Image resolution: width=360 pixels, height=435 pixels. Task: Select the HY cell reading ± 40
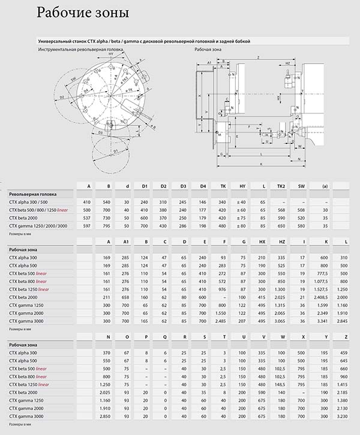(x=241, y=202)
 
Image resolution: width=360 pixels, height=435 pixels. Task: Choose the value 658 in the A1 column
(x=126, y=296)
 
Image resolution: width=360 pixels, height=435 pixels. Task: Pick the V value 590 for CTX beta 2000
(x=261, y=392)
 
